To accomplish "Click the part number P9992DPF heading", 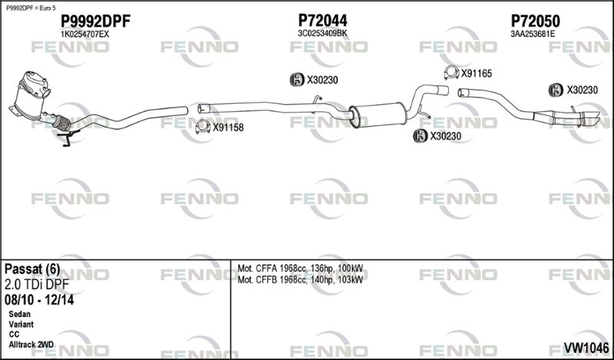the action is pyautogui.click(x=95, y=21).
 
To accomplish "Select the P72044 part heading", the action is pyautogui.click(x=322, y=21).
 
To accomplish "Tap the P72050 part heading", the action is pyautogui.click(x=535, y=21).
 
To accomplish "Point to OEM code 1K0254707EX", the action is pyautogui.click(x=85, y=35).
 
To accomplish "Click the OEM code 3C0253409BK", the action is pyautogui.click(x=322, y=34).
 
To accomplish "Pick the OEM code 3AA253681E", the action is pyautogui.click(x=533, y=34).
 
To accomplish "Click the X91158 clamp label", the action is pyautogui.click(x=228, y=127).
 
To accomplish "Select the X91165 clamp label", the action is pyautogui.click(x=476, y=73).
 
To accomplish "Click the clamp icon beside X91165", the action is pyautogui.click(x=451, y=72).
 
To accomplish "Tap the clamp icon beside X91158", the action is pyautogui.click(x=203, y=127).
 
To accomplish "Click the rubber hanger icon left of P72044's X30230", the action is pyautogui.click(x=297, y=80).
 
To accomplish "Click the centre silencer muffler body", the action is pyautogui.click(x=378, y=114).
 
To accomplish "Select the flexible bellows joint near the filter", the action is pyautogui.click(x=61, y=123).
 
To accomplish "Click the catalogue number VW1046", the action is pyautogui.click(x=586, y=348).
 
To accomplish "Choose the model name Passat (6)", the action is pyautogui.click(x=32, y=269).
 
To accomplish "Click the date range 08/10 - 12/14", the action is pyautogui.click(x=39, y=300).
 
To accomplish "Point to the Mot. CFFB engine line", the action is pyautogui.click(x=300, y=279).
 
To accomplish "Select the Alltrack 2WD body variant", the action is pyautogui.click(x=31, y=345).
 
